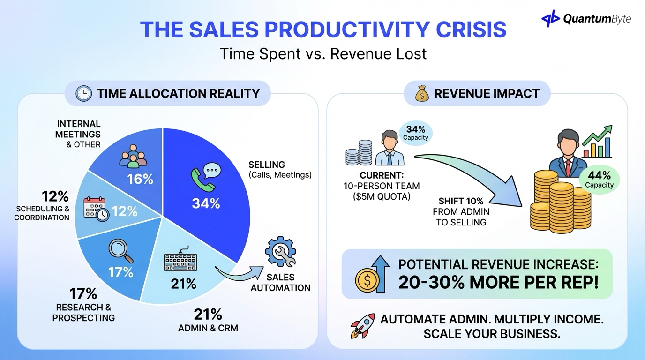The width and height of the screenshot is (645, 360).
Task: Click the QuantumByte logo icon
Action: point(551,19)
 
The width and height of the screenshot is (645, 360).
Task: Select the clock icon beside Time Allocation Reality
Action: point(83,93)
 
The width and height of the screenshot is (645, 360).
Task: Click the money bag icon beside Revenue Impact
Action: point(422,93)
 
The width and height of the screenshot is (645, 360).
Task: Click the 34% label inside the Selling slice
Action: point(206,203)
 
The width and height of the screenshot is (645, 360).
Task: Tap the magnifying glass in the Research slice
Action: point(120,251)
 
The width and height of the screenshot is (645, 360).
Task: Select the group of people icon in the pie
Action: point(133,156)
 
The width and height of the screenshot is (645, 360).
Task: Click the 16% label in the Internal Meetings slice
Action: point(140,179)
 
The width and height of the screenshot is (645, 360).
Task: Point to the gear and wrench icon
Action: point(280,251)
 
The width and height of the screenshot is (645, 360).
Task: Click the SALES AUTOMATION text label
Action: point(280,282)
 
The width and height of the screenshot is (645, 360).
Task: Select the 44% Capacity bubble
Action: point(600,179)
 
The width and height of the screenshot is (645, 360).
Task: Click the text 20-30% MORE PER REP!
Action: point(498,283)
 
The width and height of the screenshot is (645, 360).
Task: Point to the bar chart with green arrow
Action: point(597,142)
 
